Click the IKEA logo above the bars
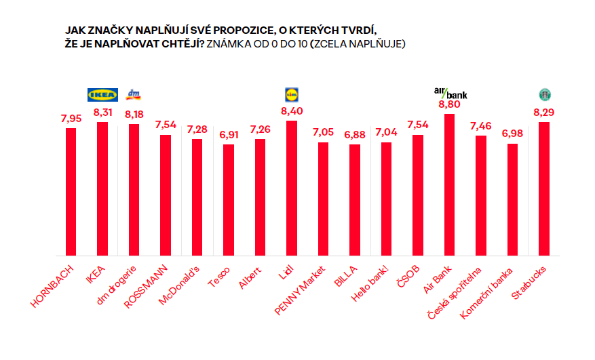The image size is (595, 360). point(103,94)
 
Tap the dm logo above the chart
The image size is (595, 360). point(134,94)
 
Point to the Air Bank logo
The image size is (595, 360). point(450,93)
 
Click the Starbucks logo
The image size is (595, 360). point(543,94)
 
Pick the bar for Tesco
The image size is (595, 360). point(229,199)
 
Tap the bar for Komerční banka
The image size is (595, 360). point(512,199)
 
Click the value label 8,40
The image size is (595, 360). point(292,111)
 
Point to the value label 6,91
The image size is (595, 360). point(229,135)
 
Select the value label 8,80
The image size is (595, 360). point(450,104)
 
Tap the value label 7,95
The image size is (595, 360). point(71,119)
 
